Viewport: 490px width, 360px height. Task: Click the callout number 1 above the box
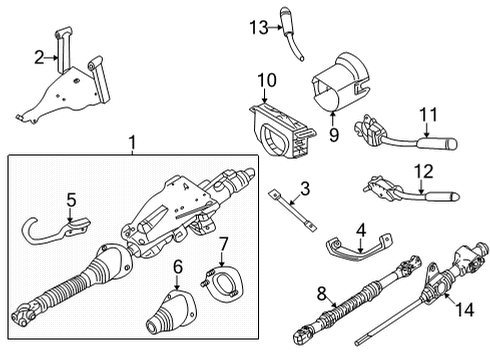point(133,142)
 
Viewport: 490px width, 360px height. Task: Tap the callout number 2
point(39,57)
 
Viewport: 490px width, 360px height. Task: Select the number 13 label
point(259,27)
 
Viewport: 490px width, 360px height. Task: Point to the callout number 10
point(267,80)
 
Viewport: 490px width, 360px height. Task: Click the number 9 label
point(334,135)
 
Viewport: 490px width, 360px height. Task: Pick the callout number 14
point(465,310)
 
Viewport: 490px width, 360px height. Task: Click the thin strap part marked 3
point(292,209)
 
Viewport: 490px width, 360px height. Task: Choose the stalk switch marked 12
point(412,191)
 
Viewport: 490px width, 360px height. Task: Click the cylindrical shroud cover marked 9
point(340,82)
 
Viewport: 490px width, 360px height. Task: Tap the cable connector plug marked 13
point(290,33)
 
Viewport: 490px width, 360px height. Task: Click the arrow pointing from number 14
point(449,297)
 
